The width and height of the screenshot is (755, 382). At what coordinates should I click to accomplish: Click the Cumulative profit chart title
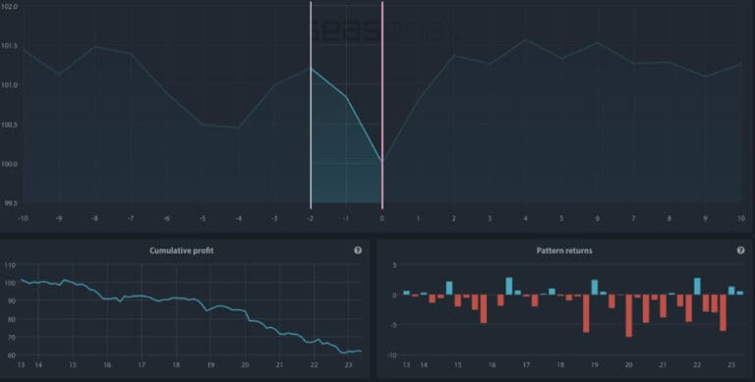(x=182, y=250)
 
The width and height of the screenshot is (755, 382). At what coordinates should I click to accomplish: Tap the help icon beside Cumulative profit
(x=358, y=250)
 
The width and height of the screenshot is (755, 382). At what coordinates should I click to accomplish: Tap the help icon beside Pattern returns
(x=740, y=250)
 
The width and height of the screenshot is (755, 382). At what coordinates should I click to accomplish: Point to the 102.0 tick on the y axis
(x=9, y=6)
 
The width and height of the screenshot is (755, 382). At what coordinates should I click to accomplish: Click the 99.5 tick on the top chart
(x=9, y=202)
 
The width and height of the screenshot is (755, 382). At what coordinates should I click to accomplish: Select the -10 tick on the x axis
(x=22, y=217)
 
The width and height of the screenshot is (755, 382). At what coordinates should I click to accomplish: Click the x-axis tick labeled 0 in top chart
(x=381, y=217)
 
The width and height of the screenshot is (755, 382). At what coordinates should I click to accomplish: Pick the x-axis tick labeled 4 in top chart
(x=525, y=217)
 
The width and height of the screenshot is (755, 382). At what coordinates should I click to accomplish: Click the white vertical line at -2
(x=311, y=118)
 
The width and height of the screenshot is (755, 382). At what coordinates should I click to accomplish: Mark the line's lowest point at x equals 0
(x=381, y=162)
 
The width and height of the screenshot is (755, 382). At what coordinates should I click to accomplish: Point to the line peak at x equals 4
(x=525, y=40)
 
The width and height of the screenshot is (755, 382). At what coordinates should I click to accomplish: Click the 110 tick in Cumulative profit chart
(x=10, y=266)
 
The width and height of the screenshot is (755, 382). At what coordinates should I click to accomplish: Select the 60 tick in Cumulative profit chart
(x=10, y=355)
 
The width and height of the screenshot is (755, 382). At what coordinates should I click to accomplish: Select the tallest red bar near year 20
(x=629, y=315)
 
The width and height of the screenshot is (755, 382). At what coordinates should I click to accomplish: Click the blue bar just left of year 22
(x=697, y=286)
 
